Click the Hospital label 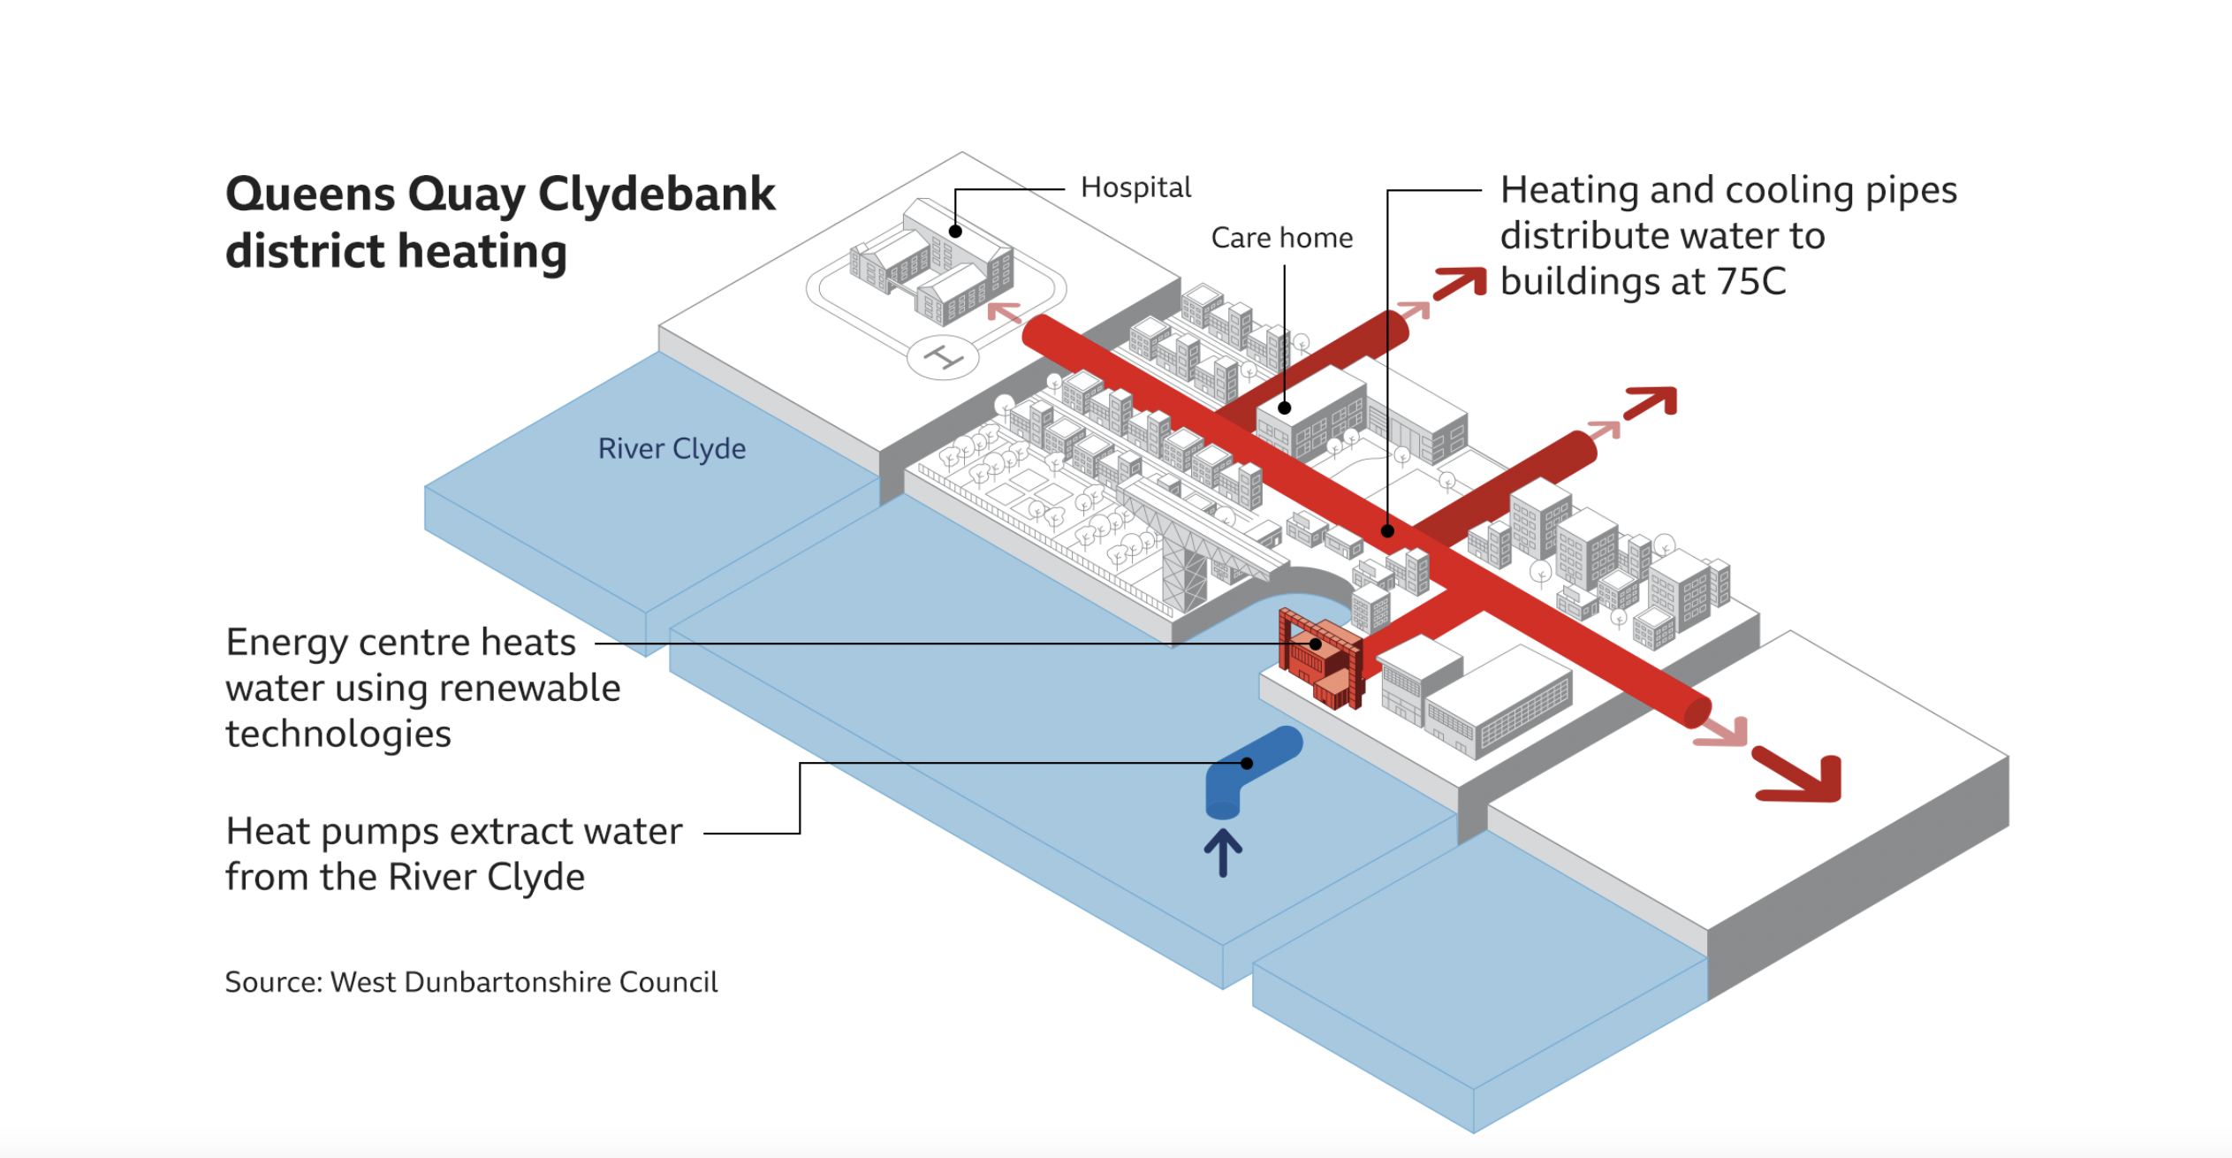point(1135,187)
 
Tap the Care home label point(1281,238)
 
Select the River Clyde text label point(672,449)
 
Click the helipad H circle point(943,358)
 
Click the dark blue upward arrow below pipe point(1223,852)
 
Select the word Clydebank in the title point(656,194)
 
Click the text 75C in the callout point(1750,282)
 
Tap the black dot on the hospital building point(955,232)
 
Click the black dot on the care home point(1285,408)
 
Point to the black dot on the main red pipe point(1387,531)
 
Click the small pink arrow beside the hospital point(1004,312)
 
